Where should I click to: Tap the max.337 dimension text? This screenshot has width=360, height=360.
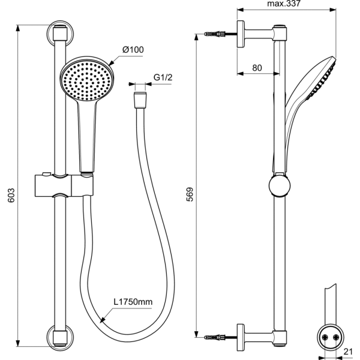pyautogui.click(x=283, y=4)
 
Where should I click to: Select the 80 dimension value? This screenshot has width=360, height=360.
pyautogui.click(x=257, y=68)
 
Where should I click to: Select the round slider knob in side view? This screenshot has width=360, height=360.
pyautogui.click(x=279, y=185)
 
